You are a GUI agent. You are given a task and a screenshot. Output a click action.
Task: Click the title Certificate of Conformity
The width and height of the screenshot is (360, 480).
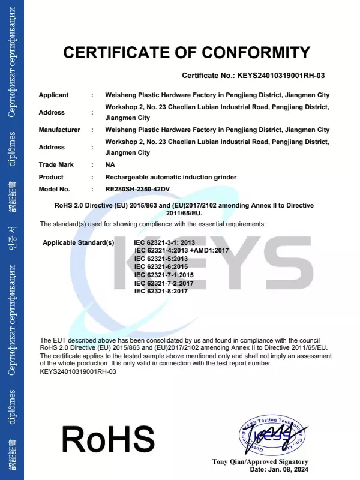coord(187,53)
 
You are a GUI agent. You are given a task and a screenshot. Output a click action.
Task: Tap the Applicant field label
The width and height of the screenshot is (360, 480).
coord(53,95)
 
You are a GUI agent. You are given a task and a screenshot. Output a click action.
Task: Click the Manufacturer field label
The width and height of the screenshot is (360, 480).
coord(59,130)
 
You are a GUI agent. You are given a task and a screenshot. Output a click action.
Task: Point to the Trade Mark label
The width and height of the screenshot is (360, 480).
coord(55,165)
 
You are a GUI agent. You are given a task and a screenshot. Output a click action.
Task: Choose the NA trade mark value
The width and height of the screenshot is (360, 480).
coord(110,165)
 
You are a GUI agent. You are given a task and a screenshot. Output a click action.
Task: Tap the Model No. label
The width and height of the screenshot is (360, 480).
coord(54,190)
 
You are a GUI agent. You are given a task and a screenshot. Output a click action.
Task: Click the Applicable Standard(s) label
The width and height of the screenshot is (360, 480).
coord(79,242)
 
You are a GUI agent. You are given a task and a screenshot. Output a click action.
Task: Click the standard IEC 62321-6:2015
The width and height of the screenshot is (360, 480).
coord(161,266)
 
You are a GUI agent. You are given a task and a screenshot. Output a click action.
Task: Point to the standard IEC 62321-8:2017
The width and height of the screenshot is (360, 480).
coord(161,291)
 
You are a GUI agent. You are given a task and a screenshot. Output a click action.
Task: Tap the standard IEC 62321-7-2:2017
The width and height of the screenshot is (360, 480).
coord(164,283)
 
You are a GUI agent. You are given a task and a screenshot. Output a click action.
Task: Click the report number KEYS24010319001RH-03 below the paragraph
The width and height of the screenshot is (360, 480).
coord(78,371)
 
